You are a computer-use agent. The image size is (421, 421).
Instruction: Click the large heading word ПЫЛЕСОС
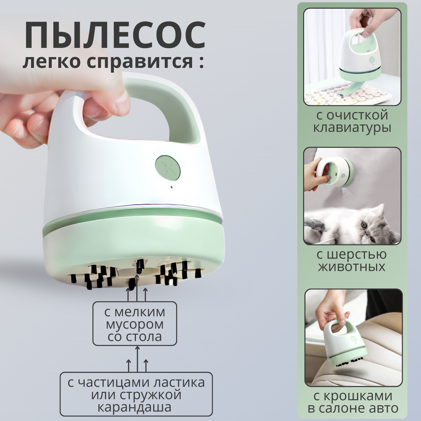click(x=115, y=35)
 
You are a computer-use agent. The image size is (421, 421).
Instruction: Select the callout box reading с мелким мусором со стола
click(x=135, y=323)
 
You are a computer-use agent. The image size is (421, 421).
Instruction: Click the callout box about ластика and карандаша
click(x=136, y=394)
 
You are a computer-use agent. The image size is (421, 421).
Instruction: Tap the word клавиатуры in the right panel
click(x=352, y=128)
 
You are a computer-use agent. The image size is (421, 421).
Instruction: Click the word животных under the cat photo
click(x=352, y=266)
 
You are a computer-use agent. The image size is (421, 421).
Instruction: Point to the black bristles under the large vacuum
click(x=136, y=274)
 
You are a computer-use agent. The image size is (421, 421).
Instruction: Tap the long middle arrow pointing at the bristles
click(x=137, y=288)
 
